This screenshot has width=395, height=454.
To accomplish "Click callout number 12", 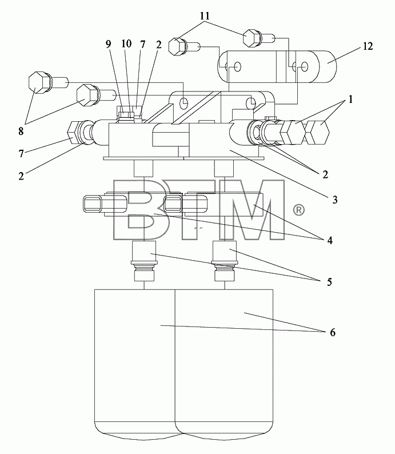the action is [368, 46].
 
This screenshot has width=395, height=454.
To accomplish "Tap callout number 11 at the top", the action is [205, 15].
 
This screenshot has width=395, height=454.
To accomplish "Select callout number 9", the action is [108, 44].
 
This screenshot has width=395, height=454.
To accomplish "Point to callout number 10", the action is [126, 43].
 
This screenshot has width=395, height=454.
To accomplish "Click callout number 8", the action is [21, 131].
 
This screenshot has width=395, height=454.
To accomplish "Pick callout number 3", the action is [335, 200].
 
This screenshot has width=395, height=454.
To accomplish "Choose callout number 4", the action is [330, 240].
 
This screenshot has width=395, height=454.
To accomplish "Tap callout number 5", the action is [329, 282].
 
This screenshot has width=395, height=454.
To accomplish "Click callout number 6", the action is [333, 332].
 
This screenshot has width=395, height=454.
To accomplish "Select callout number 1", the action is [350, 100].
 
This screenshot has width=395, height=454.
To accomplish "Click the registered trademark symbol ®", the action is [299, 210].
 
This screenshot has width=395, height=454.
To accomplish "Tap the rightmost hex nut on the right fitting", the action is [318, 132].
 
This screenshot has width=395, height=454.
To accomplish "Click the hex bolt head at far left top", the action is [38, 82].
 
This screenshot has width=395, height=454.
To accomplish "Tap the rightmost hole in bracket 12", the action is [305, 67].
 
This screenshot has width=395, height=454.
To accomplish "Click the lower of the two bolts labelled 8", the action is [86, 95].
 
